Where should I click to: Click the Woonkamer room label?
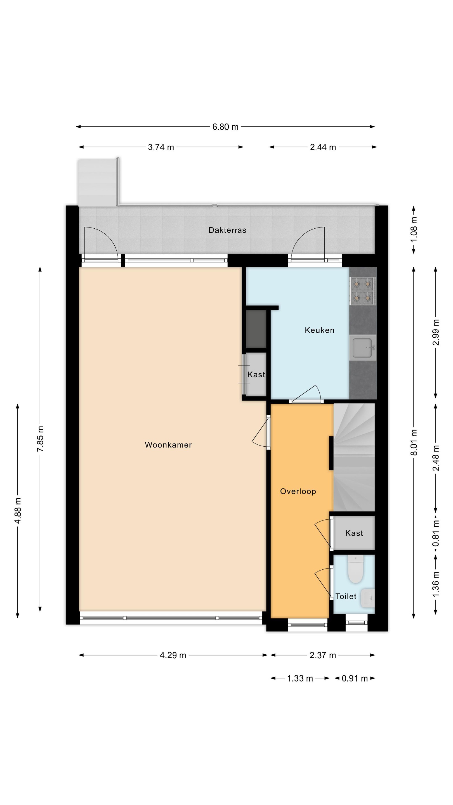[168, 445]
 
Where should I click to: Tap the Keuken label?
[320, 330]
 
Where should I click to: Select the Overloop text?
[298, 491]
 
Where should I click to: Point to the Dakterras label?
[227, 230]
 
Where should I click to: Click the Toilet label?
[346, 596]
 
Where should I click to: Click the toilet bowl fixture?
[355, 569]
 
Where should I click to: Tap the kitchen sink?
[363, 347]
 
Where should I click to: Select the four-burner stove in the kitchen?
[363, 291]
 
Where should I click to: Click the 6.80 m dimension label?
[225, 127]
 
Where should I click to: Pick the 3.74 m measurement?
[161, 147]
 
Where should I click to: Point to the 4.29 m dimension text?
[173, 655]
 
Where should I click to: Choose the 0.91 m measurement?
[355, 678]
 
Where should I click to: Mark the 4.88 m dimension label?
[18, 511]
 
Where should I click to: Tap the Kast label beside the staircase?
[354, 533]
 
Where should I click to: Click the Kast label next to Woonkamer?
[256, 374]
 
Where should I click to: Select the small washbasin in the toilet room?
[368, 598]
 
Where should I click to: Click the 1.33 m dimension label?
[300, 678]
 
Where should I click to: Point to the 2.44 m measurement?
[323, 147]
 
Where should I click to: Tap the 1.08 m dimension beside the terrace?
[414, 229]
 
